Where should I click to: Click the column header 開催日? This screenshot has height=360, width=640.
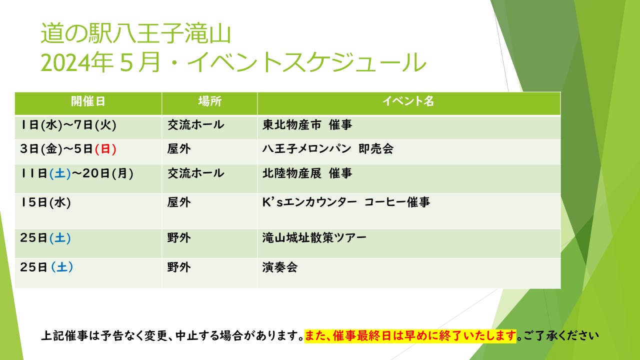pyautogui.click(x=88, y=101)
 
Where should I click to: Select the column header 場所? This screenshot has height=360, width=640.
pyautogui.click(x=209, y=101)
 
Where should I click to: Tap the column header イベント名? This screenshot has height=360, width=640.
pyautogui.click(x=408, y=101)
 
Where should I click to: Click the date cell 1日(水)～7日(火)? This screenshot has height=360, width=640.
pyautogui.click(x=68, y=125)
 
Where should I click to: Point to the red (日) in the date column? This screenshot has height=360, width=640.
pyautogui.click(x=105, y=149)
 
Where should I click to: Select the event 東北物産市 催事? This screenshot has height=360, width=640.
pyautogui.click(x=307, y=125)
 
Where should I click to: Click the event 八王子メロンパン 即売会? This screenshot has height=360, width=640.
pyautogui.click(x=327, y=149)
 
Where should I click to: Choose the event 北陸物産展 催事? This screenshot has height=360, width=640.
pyautogui.click(x=307, y=173)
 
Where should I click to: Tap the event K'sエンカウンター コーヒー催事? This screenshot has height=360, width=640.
pyautogui.click(x=346, y=202)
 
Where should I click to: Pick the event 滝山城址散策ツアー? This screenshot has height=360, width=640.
pyautogui.click(x=314, y=237)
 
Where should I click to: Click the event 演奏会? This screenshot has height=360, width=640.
pyautogui.click(x=280, y=267)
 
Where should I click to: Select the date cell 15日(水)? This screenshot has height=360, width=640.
pyautogui.click(x=45, y=202)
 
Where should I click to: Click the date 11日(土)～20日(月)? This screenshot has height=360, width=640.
pyautogui.click(x=77, y=173)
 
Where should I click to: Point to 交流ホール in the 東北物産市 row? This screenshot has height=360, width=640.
pyautogui.click(x=195, y=125)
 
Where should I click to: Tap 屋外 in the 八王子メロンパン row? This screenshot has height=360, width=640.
pyautogui.click(x=179, y=149)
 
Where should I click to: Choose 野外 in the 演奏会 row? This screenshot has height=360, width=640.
pyautogui.click(x=179, y=267)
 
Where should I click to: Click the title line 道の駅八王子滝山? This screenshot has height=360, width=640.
pyautogui.click(x=135, y=33)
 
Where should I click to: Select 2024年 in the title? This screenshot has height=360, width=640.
pyautogui.click(x=77, y=62)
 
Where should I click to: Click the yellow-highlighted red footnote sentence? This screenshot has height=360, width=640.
pyautogui.click(x=410, y=335)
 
